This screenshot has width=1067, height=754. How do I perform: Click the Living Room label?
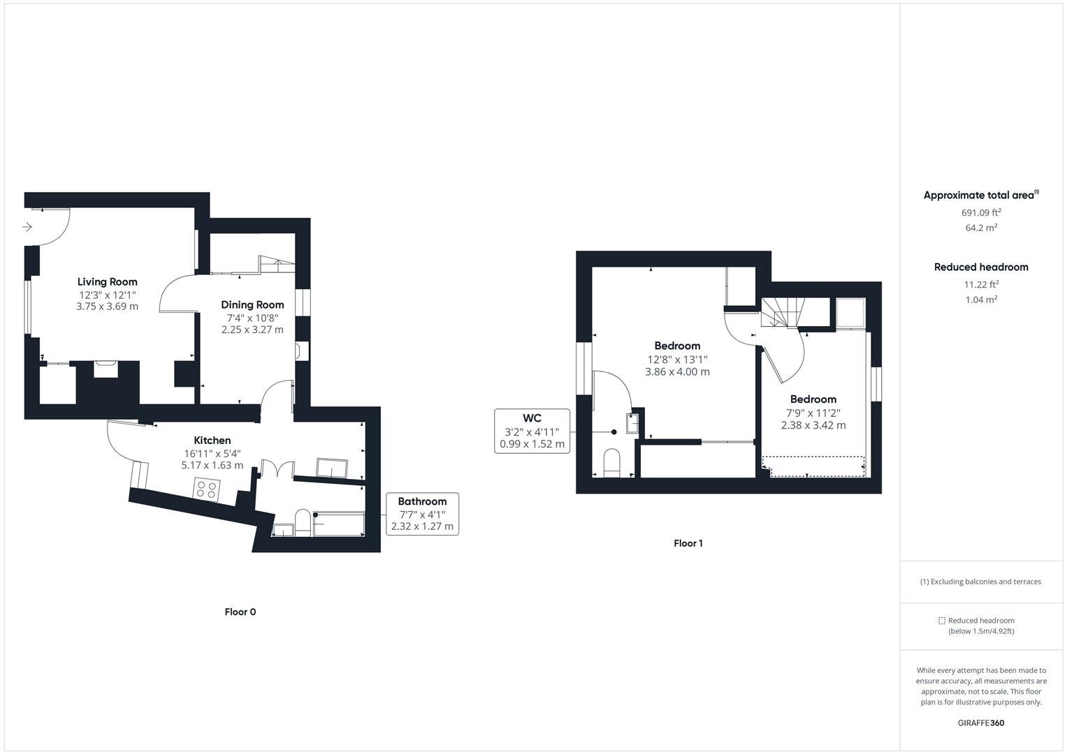tap(107, 282)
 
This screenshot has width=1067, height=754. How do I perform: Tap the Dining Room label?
tap(252, 304)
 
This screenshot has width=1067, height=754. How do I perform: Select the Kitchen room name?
tap(212, 441)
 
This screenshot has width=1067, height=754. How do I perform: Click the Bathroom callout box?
tap(423, 514)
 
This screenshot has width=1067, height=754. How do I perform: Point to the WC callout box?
tap(532, 431)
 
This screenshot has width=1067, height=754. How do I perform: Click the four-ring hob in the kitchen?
tap(207, 490)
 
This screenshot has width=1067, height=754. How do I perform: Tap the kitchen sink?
tap(332, 468)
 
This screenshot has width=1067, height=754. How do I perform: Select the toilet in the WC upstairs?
tap(611, 463)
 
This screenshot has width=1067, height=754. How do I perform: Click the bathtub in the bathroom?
tap(339, 524)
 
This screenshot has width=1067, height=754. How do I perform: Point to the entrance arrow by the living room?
tap(27, 227)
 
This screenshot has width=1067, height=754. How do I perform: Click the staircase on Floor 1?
tap(782, 313)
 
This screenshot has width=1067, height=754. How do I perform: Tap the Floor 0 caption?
tap(240, 612)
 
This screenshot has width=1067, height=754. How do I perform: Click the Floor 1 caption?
tap(688, 543)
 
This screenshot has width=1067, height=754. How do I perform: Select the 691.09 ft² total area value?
tap(981, 212)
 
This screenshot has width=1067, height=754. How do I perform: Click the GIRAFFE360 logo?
tap(981, 723)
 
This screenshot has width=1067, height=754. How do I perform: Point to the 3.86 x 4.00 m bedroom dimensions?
tap(677, 371)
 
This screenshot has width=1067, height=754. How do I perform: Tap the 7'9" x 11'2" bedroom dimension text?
tap(813, 413)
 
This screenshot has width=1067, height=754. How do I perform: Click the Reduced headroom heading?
tap(981, 267)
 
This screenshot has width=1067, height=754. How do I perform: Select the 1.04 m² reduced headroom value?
tap(981, 300)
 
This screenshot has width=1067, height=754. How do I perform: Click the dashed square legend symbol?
tap(941, 621)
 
